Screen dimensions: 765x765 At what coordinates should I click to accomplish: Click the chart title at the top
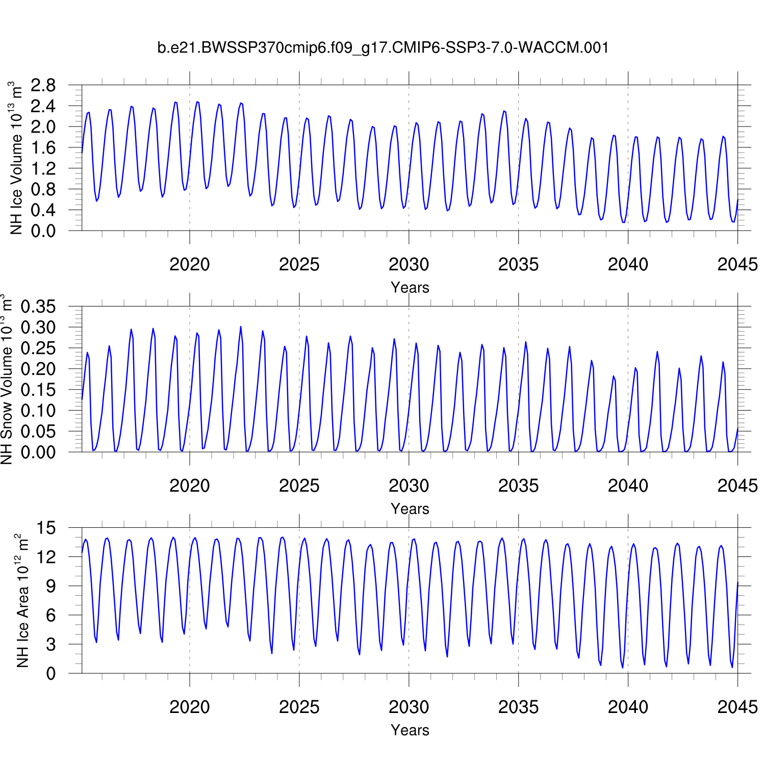coord(382,48)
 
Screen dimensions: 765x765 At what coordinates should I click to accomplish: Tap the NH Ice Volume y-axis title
coord(16,158)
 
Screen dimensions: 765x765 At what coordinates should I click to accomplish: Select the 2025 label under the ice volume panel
coord(299,265)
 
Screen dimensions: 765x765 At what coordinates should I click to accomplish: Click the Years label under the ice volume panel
coord(410,288)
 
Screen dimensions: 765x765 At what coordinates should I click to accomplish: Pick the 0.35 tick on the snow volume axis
coord(38,307)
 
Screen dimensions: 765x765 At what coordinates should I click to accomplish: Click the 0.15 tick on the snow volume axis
coord(38,390)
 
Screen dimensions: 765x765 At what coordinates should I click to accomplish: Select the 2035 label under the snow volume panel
coord(518,486)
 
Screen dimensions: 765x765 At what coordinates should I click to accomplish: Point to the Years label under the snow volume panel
coord(410,509)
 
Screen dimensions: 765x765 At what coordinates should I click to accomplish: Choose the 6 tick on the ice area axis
coord(50,616)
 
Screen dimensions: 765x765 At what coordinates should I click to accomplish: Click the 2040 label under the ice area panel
coord(628,707)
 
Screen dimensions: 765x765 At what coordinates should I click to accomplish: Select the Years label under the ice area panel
coord(410,730)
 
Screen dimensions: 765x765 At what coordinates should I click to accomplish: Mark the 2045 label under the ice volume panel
coord(737,265)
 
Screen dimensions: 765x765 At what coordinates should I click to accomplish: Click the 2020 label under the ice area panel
coord(190,707)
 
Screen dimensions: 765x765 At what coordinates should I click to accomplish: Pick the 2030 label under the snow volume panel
coord(409,486)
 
